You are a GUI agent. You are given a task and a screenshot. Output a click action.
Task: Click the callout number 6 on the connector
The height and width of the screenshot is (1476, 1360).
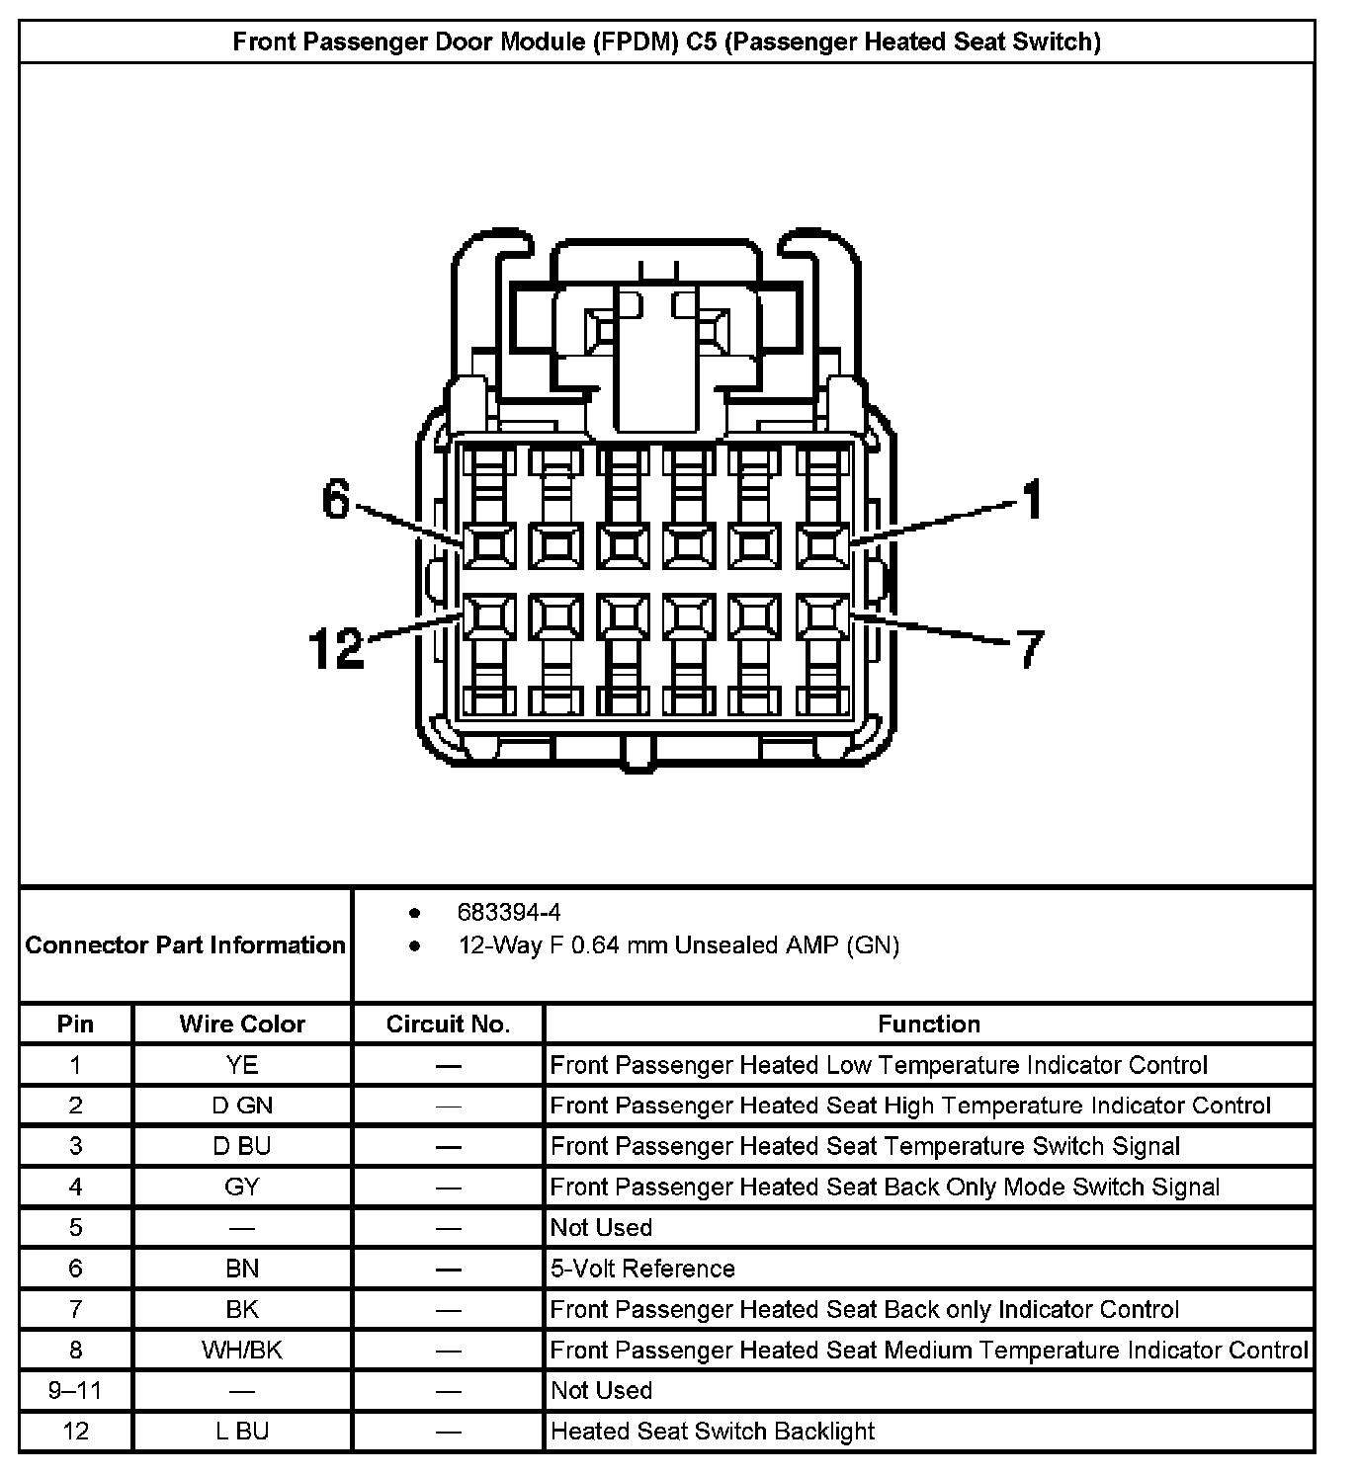[x=337, y=501]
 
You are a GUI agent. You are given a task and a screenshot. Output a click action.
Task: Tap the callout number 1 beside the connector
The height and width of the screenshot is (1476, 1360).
[x=1031, y=499]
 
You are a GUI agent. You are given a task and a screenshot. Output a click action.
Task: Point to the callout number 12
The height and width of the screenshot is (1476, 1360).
[x=336, y=649]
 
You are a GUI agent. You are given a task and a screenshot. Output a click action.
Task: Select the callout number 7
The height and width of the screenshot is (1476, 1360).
[x=1029, y=649]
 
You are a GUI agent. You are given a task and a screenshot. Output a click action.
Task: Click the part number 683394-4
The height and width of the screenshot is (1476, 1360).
[x=509, y=912]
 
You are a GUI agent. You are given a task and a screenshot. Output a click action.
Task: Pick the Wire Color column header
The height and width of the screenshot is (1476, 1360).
[x=242, y=1024]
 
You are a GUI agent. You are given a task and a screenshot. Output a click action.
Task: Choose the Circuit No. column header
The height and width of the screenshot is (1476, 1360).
[x=448, y=1024]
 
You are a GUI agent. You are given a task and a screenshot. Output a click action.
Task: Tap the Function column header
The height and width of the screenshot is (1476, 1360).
[x=929, y=1024]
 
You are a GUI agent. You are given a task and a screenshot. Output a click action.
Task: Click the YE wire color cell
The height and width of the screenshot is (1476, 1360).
[x=242, y=1065]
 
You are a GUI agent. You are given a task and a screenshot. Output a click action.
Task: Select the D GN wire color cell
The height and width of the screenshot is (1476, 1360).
[x=242, y=1106]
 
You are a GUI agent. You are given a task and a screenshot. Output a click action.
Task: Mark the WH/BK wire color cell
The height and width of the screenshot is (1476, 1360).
[x=242, y=1350]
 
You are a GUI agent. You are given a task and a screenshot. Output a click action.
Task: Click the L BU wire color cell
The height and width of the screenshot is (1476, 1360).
[x=242, y=1431]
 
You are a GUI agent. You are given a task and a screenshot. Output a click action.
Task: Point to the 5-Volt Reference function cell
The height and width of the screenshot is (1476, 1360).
[x=642, y=1269]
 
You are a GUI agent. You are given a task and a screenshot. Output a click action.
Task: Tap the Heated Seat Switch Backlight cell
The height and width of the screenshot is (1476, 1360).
[x=712, y=1431]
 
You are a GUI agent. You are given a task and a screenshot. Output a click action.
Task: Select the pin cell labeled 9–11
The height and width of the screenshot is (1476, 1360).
[x=75, y=1390]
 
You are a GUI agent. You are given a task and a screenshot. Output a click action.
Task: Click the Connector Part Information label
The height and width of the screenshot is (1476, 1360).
[x=186, y=945]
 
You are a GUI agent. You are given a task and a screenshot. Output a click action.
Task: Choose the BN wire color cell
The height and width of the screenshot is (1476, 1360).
[x=242, y=1269]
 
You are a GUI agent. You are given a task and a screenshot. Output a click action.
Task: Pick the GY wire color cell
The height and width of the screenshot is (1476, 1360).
[x=242, y=1187]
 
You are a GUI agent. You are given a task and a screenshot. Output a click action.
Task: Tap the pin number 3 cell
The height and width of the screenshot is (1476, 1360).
[x=75, y=1146]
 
